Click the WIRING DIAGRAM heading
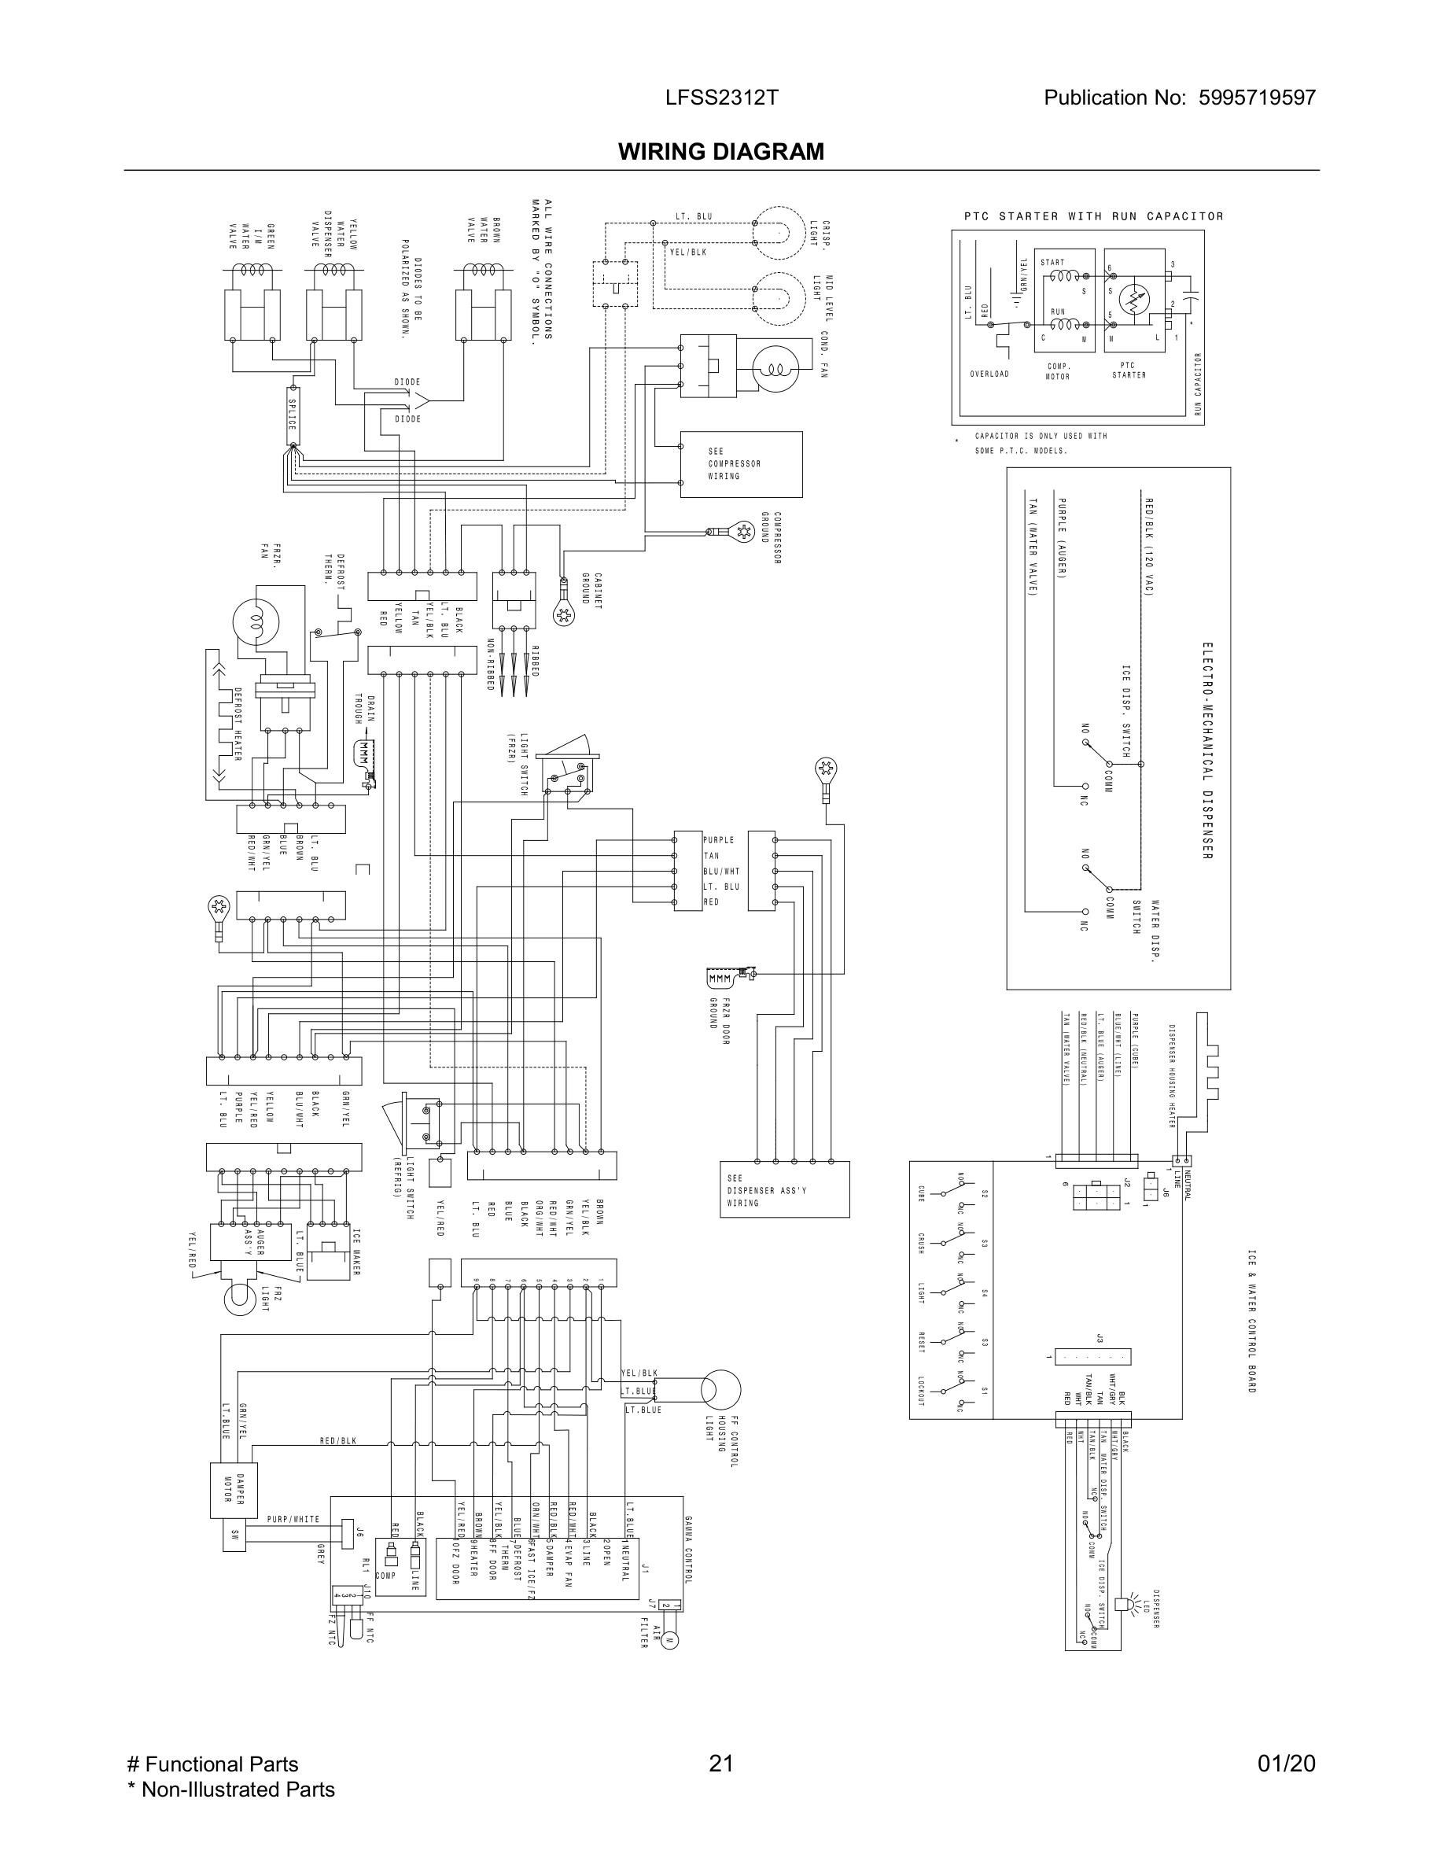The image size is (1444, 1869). point(721,152)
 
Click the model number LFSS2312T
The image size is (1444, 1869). point(721,98)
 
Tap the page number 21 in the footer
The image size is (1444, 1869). point(721,1764)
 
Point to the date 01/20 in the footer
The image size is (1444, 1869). point(1286,1764)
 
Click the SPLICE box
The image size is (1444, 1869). point(293,416)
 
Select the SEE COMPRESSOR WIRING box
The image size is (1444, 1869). point(741,464)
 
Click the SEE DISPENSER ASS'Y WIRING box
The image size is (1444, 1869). point(784,1189)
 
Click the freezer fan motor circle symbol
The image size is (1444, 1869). point(255,620)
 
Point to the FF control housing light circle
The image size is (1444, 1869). point(720,1389)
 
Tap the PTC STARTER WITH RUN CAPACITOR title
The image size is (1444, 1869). point(1093,216)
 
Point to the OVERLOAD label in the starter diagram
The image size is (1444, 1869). point(989,374)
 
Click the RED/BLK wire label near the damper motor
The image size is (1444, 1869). point(338,1441)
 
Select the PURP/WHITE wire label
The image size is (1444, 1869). point(293,1520)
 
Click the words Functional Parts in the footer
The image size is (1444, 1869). point(221,1764)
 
